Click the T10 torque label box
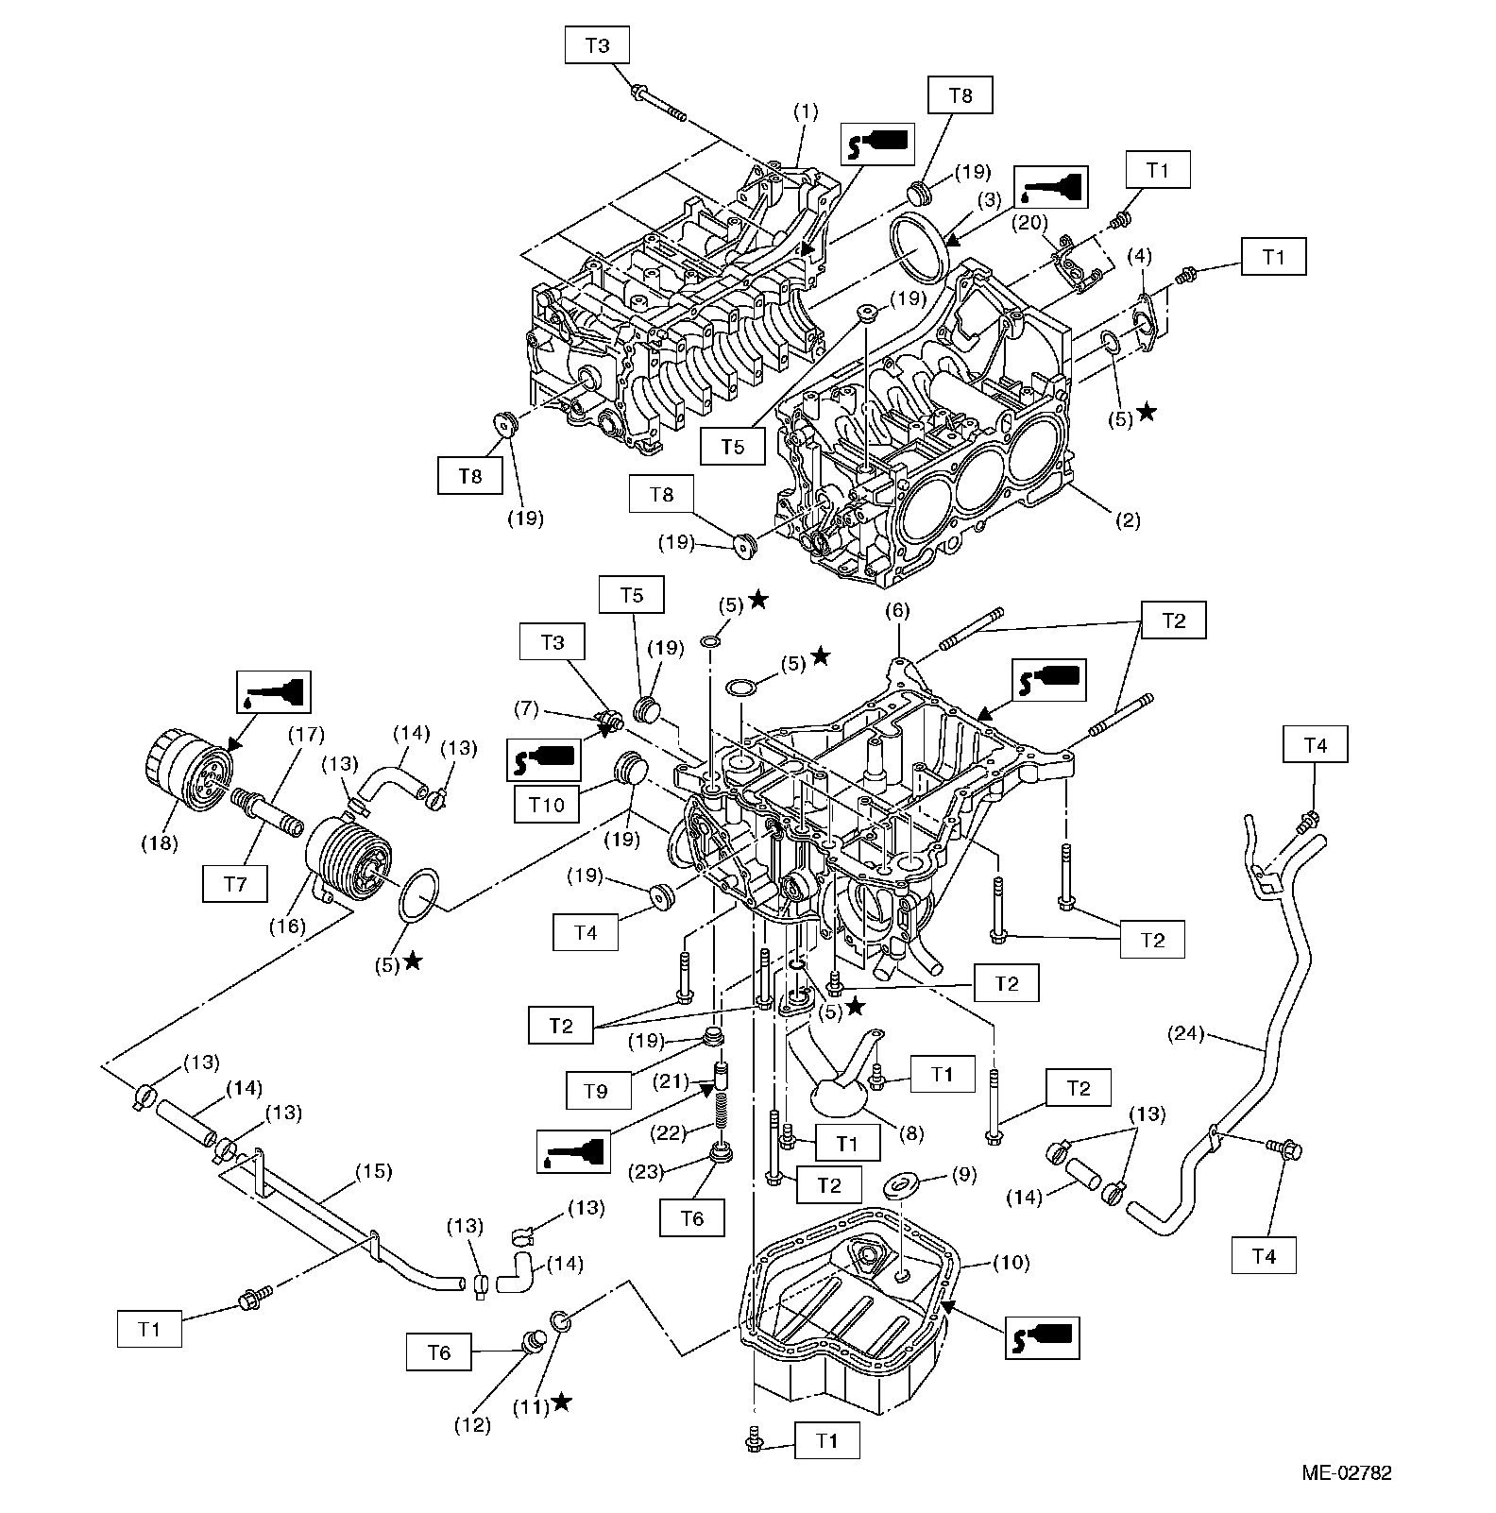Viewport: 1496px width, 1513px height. tap(547, 805)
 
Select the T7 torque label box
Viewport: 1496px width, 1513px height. tap(235, 883)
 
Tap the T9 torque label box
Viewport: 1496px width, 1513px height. tap(595, 1091)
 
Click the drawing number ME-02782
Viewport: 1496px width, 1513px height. tap(1346, 1471)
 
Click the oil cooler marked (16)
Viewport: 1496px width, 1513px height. tap(346, 857)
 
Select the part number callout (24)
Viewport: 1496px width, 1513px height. tap(1185, 1033)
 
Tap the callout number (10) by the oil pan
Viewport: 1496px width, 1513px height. tap(1011, 1262)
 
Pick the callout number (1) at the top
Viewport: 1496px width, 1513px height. tap(805, 110)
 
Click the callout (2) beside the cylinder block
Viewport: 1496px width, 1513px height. tap(1129, 518)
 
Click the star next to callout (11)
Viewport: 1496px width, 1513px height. tap(561, 1402)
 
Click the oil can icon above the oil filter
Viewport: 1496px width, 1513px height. tap(271, 693)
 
